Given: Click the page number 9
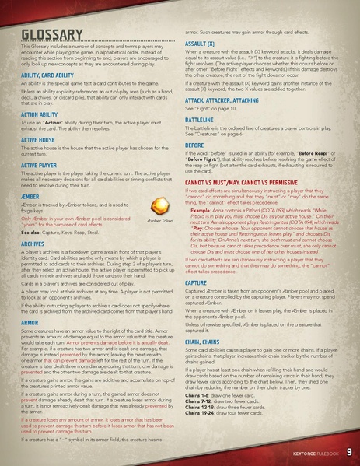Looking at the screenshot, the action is [349, 451].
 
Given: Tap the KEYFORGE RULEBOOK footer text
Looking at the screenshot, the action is [312, 452].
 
